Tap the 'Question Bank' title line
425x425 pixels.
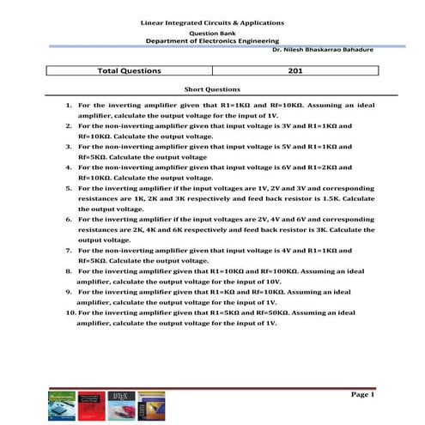tap(212, 31)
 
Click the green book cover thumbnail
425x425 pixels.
tap(58, 405)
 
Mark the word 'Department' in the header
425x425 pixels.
tap(166, 40)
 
